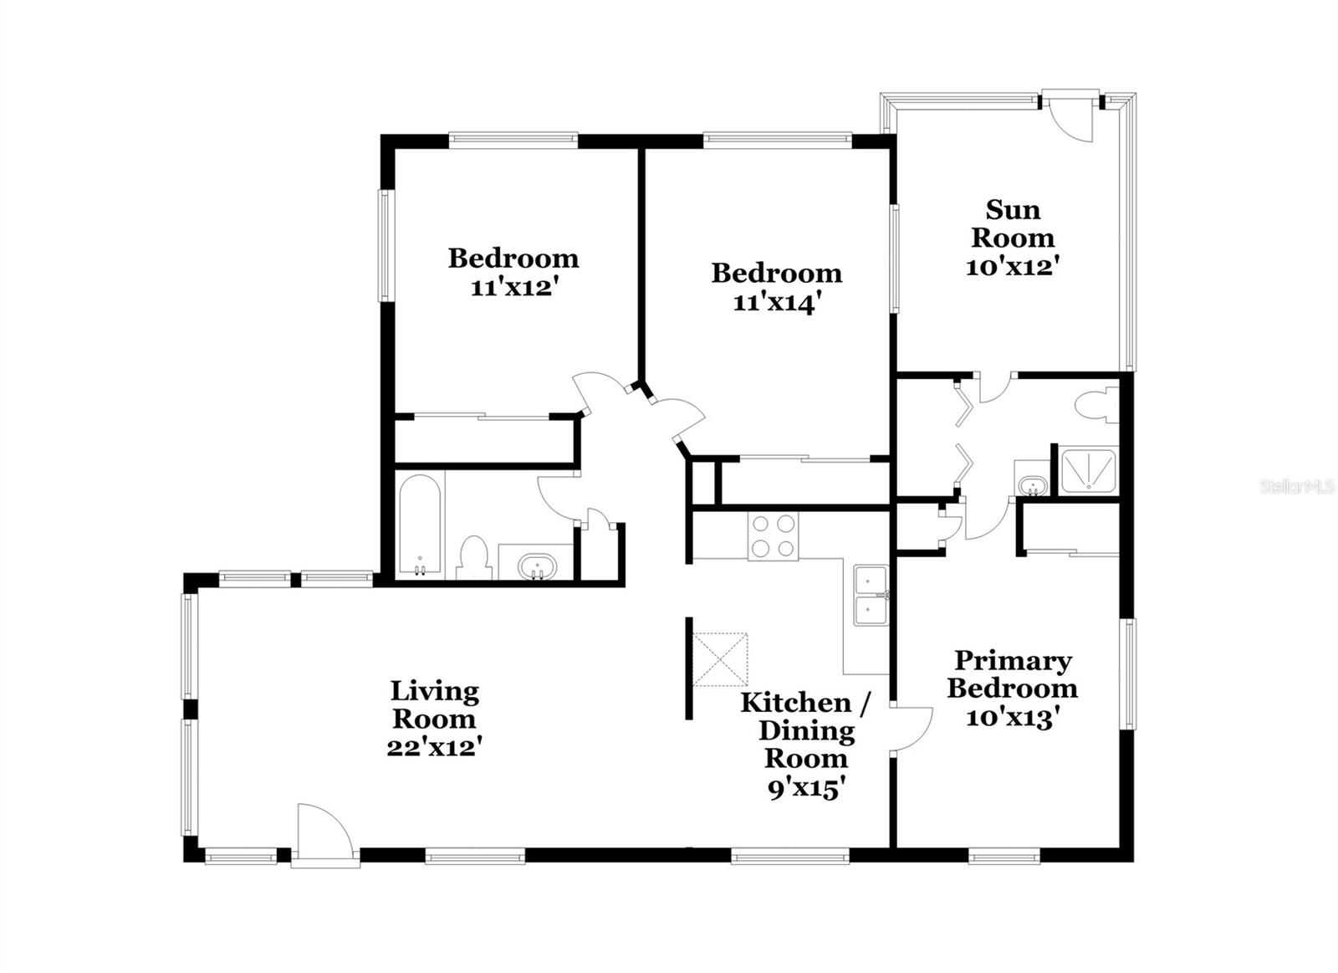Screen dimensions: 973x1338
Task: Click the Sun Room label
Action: click(x=1013, y=223)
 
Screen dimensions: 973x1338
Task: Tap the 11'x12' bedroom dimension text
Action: click(x=513, y=288)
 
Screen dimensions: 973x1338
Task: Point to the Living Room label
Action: click(x=435, y=704)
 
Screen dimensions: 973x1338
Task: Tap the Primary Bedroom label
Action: click(x=1013, y=674)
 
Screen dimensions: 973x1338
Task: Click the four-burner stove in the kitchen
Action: click(x=774, y=536)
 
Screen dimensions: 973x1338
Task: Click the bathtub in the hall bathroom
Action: click(x=419, y=525)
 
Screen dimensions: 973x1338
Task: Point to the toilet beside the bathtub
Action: click(x=473, y=557)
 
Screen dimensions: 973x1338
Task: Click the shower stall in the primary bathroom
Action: click(x=1087, y=472)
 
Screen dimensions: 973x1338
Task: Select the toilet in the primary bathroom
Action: click(x=1095, y=407)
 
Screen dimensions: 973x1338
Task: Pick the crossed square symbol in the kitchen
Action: click(x=720, y=659)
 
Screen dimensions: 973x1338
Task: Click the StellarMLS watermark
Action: click(x=1297, y=486)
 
